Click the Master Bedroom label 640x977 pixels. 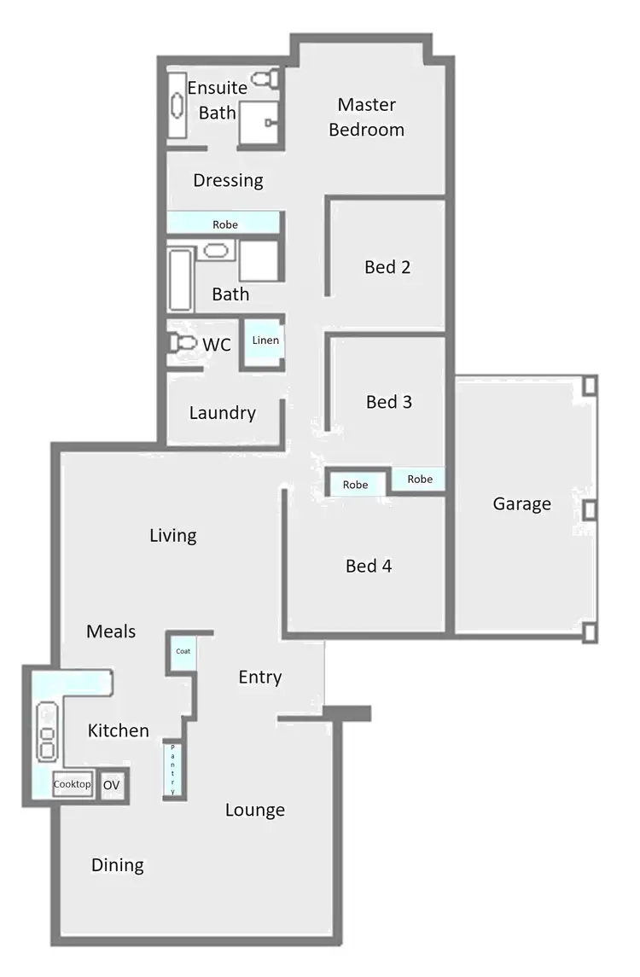tap(366, 117)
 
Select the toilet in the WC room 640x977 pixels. tap(182, 343)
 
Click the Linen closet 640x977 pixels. tap(265, 340)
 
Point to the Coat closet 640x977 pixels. tap(183, 651)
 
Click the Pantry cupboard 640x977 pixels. tap(173, 769)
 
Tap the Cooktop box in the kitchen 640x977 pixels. tap(73, 784)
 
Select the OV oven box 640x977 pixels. tap(111, 784)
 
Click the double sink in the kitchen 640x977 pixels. tap(48, 731)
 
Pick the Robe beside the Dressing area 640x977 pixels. tap(224, 224)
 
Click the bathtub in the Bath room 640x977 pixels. tap(181, 280)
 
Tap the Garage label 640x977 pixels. tap(521, 503)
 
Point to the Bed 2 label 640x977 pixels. tap(387, 267)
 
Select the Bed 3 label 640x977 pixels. tap(388, 401)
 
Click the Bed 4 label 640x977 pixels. tap(369, 566)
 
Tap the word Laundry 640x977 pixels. tap(222, 413)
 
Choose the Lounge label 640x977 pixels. tap(254, 810)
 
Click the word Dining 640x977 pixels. tap(118, 865)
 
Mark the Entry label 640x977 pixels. tap(259, 677)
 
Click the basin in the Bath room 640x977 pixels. tap(217, 250)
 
